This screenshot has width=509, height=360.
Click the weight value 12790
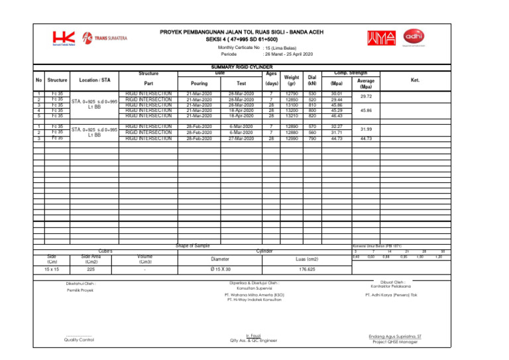point(292,94)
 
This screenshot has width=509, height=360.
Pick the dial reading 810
point(312,105)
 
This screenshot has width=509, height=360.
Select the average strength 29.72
point(366,97)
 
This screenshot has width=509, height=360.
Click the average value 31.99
point(366,129)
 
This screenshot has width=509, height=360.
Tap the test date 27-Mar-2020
point(242,139)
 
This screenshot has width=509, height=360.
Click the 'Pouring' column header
point(199,84)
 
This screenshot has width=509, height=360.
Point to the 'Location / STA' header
point(90,80)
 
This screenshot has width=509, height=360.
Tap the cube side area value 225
point(90,270)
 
